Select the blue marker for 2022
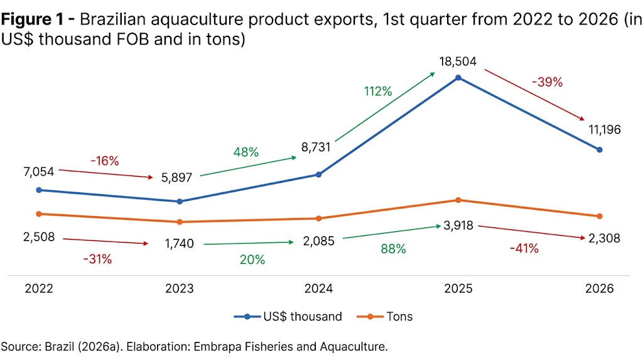pos(39,190)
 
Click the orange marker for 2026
pos(600,216)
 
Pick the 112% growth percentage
pos(378,91)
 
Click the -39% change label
pos(547,82)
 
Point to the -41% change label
pos(523,248)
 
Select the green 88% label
pos(393,249)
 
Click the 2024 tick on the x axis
pos(318,290)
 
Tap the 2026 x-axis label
pos(599,290)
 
